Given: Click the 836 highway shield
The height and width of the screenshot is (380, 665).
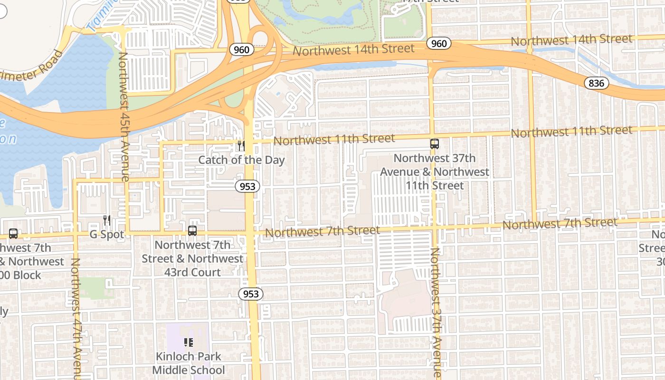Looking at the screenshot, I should coord(596,83).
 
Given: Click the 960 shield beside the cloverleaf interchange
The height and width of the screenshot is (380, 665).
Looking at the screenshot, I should coord(241,49).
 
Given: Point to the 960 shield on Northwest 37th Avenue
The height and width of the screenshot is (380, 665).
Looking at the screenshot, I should coord(439,44).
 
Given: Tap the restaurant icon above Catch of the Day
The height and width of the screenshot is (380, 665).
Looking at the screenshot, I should coord(241,145).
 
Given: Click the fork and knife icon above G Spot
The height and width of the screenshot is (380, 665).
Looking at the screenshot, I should coord(107,220).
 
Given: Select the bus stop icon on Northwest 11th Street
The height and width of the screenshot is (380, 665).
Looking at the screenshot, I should coord(434,143).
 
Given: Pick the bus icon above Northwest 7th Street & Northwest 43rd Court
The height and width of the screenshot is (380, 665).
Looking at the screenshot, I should coord(192,231).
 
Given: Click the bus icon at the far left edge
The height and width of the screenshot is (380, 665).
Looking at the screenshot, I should coord(13,234).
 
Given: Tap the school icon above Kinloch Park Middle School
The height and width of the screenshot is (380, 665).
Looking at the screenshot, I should coord(188,342).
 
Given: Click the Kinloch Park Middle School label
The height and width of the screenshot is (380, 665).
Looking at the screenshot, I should coord(189,363).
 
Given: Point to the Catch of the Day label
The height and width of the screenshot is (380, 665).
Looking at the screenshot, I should coord(241,160).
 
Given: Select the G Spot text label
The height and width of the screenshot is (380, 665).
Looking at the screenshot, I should coord(107,234).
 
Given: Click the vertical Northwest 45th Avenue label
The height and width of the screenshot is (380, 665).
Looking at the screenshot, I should coord(123,116).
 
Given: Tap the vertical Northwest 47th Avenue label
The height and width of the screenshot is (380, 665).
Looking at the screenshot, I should coord(76,318).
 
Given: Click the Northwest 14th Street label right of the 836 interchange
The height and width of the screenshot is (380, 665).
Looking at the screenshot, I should coord(571,40).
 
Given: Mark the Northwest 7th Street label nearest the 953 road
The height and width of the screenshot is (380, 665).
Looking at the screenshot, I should coord(323,231).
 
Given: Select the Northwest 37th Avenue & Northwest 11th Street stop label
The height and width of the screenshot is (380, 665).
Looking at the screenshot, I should coord(434,171).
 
